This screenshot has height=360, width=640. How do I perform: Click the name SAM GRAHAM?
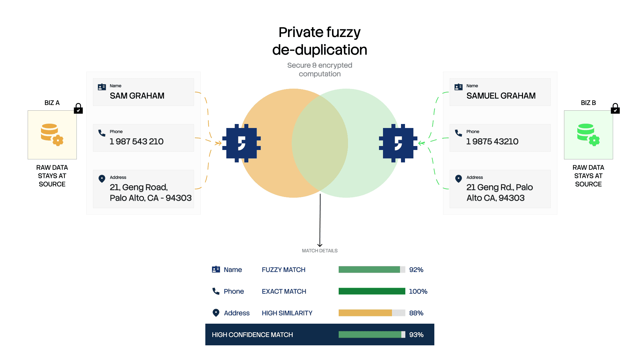point(137,96)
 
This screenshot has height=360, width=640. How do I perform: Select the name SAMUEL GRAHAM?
point(501,96)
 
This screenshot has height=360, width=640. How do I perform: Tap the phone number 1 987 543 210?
point(137,142)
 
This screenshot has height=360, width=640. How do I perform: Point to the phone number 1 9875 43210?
point(492,142)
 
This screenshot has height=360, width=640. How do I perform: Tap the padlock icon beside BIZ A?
point(78,108)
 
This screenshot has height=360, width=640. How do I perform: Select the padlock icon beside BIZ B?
point(615,108)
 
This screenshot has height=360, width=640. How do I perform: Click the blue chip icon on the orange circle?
point(241,143)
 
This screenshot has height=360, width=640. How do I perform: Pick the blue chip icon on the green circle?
point(398,143)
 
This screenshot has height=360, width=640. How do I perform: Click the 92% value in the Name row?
point(416,270)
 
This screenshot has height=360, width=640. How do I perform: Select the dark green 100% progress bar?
point(372,291)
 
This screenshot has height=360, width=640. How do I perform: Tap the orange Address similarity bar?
point(365,313)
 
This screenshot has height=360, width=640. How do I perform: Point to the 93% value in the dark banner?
point(416,335)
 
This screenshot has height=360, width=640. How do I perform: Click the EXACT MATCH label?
point(284,291)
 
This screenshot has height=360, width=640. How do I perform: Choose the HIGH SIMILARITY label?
point(287,313)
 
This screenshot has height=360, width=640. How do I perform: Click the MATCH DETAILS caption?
point(320,251)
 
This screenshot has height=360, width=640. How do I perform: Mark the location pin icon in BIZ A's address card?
point(102,179)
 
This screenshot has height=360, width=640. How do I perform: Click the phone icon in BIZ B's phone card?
point(459,133)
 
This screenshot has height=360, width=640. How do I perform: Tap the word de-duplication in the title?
point(320,50)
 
